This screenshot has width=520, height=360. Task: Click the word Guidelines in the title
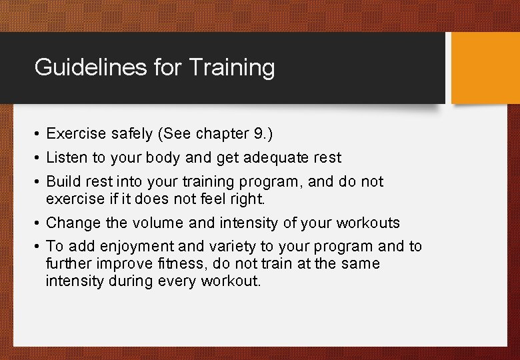[x=75, y=67]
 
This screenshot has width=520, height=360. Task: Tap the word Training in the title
[x=231, y=67]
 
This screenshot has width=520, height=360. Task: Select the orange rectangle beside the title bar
[x=485, y=68]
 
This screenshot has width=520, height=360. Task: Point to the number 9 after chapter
[x=258, y=134]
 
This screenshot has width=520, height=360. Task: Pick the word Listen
[x=64, y=158]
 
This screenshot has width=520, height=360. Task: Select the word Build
[x=61, y=181]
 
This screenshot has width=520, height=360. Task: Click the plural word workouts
[x=369, y=223]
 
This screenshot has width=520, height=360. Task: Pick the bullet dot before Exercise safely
[x=37, y=134]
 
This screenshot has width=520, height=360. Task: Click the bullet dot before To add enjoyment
[x=37, y=247]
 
